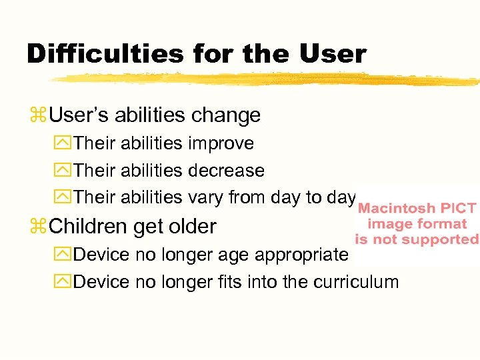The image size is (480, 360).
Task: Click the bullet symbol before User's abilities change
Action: (x=37, y=116)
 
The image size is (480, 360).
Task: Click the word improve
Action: (x=221, y=143)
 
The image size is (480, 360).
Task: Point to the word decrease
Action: (x=226, y=171)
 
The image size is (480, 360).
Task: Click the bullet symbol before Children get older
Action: (x=37, y=227)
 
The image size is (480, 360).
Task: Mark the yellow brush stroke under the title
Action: (x=267, y=79)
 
